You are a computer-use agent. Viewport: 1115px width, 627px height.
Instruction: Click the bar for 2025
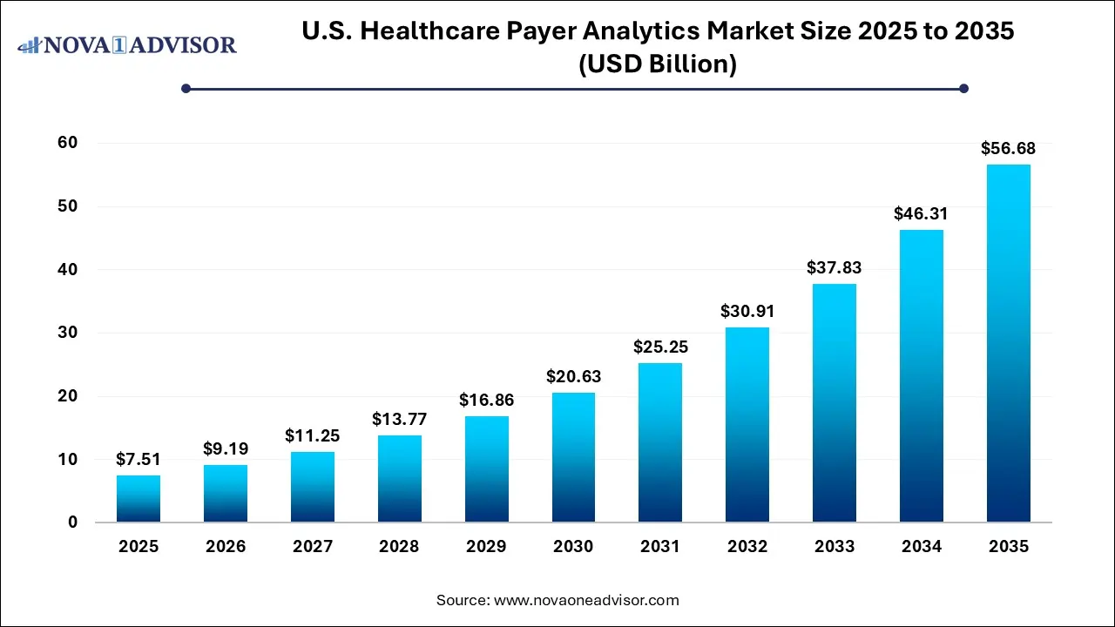139,499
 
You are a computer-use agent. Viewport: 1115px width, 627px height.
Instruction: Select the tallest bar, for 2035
1009,343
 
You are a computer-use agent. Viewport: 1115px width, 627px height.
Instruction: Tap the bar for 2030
573,457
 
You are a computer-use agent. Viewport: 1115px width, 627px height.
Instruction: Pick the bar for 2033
835,403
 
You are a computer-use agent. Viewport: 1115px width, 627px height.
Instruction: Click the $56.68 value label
1009,149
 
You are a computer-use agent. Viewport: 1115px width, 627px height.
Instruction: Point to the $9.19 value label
226,449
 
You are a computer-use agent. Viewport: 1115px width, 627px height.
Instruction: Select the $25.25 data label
660,347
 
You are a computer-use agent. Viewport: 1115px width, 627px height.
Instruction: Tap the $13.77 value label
399,420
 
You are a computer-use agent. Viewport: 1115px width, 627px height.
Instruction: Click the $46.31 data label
922,214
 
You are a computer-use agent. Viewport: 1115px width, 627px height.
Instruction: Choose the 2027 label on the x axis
313,547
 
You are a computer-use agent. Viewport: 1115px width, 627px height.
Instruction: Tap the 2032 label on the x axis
747,547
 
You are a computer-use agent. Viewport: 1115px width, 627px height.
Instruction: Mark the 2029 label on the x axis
486,547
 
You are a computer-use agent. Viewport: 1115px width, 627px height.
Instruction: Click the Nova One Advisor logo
127,44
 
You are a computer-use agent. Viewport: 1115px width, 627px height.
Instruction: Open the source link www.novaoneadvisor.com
586,600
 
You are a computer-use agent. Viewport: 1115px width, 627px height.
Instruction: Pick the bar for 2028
399,479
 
